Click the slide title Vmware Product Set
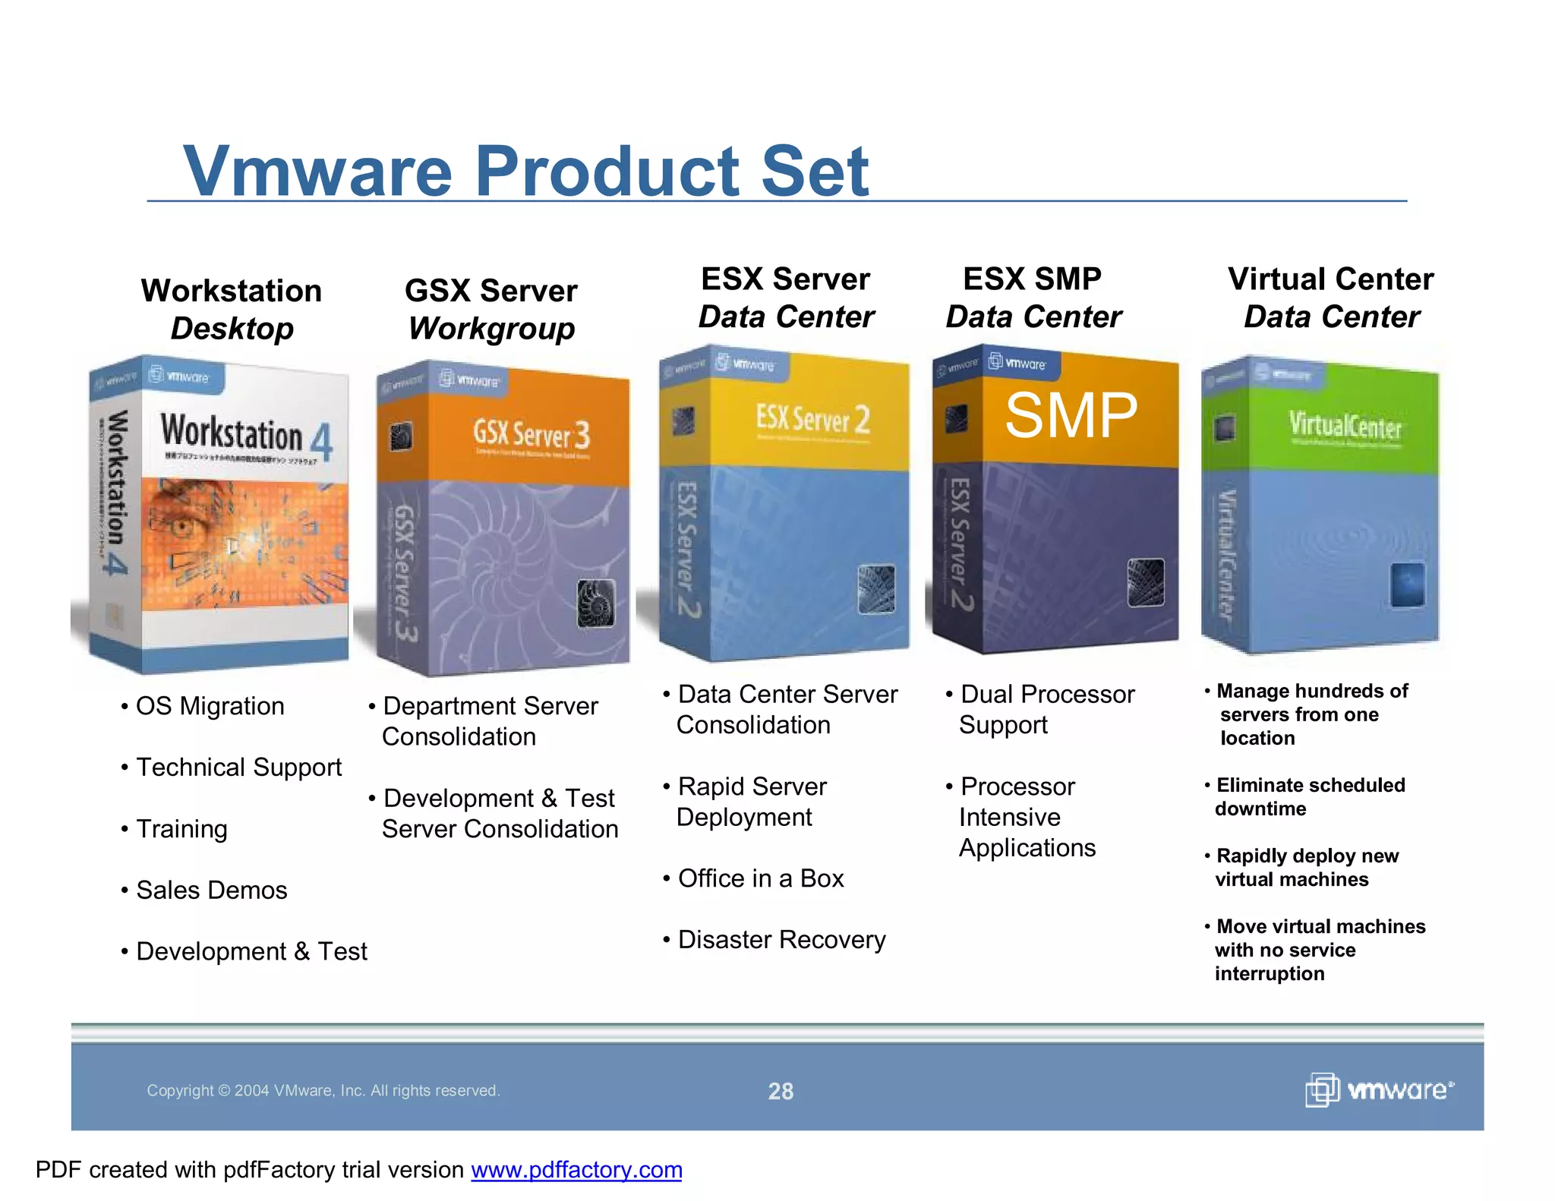click(x=525, y=172)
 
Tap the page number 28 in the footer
click(x=781, y=1091)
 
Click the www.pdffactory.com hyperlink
click(x=576, y=1170)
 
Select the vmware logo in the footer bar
click(x=1379, y=1090)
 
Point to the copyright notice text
click(x=323, y=1091)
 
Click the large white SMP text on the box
click(x=1071, y=416)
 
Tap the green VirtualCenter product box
click(x=1321, y=505)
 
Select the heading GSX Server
click(x=490, y=291)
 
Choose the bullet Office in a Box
click(x=760, y=878)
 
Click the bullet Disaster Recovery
click(x=781, y=940)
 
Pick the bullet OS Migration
click(x=210, y=706)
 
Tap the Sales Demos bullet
click(x=211, y=890)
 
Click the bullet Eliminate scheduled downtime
click(x=1310, y=796)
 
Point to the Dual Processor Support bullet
click(x=1046, y=709)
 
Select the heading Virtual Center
click(x=1330, y=279)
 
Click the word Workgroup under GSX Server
click(x=491, y=329)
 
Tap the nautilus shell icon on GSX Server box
click(x=596, y=603)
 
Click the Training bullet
click(x=181, y=829)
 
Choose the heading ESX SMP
click(x=1032, y=279)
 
